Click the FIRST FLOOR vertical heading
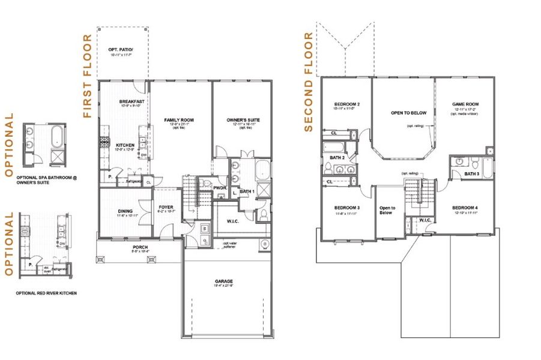coord(87,76)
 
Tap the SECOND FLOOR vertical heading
coord(309,82)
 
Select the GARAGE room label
coord(224,281)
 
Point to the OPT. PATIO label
coord(121,50)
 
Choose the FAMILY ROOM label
coord(179,120)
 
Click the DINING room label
coord(125,211)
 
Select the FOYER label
coord(166,208)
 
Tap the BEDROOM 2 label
coord(346,104)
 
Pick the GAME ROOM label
coord(465,104)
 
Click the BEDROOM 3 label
coord(346,208)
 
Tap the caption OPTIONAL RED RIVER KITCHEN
coord(46,293)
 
